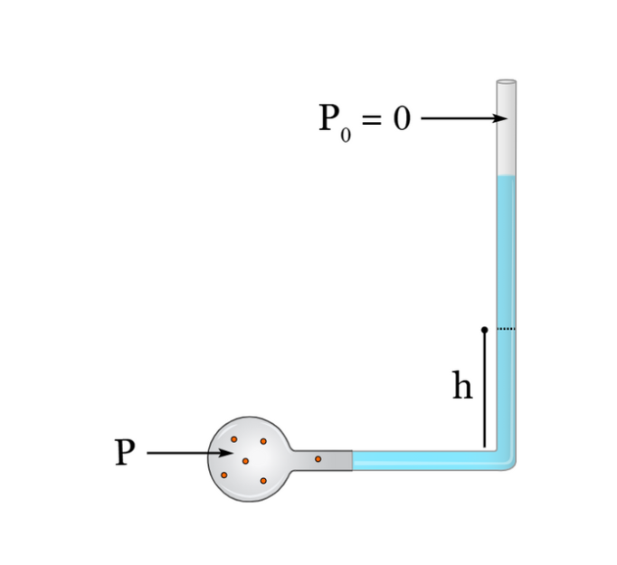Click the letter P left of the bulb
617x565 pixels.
pyautogui.click(x=125, y=452)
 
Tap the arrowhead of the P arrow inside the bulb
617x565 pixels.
pyautogui.click(x=226, y=453)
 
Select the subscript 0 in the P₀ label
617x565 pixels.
pyautogui.click(x=346, y=136)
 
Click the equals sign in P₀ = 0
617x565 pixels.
pyautogui.click(x=372, y=118)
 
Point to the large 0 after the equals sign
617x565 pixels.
pyautogui.click(x=402, y=118)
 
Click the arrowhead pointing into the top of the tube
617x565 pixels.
pyautogui.click(x=500, y=118)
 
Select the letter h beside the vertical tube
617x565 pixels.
pyautogui.click(x=462, y=385)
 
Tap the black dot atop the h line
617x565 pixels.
pyautogui.click(x=484, y=329)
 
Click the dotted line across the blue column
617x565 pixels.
pyautogui.click(x=506, y=329)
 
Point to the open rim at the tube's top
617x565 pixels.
pyautogui.click(x=507, y=81)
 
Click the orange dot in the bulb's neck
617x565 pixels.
pyautogui.click(x=318, y=459)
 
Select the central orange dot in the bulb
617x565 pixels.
pyautogui.click(x=245, y=461)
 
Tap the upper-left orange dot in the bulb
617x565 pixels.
pyautogui.click(x=233, y=439)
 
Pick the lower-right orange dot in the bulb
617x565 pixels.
pyautogui.click(x=263, y=480)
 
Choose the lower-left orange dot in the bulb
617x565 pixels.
pyautogui.click(x=223, y=475)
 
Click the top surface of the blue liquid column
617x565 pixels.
pyautogui.click(x=507, y=175)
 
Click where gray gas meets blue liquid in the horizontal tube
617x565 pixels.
pyautogui.click(x=352, y=460)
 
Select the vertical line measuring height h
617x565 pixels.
pyautogui.click(x=484, y=390)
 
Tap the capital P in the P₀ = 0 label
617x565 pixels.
pyautogui.click(x=329, y=118)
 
